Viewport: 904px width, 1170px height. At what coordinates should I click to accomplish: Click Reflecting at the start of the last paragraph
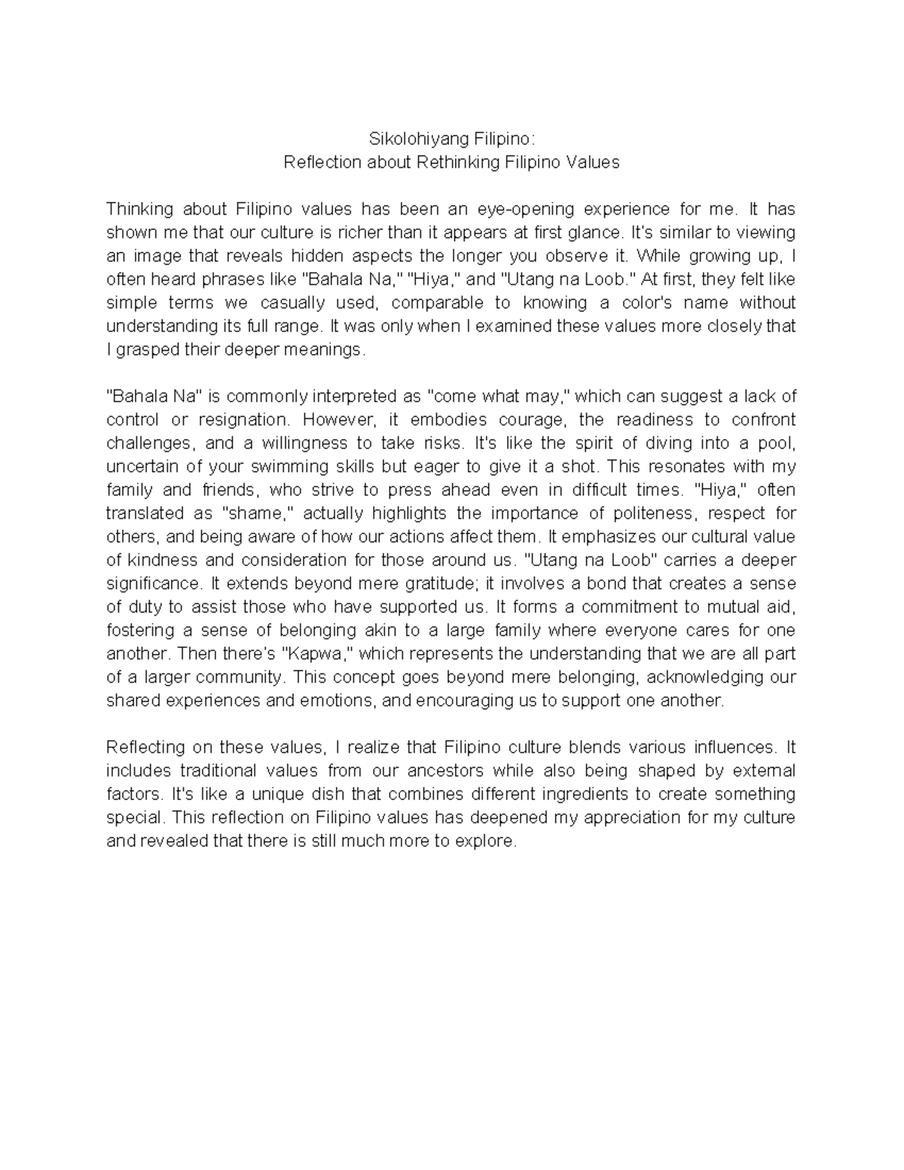(x=148, y=747)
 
